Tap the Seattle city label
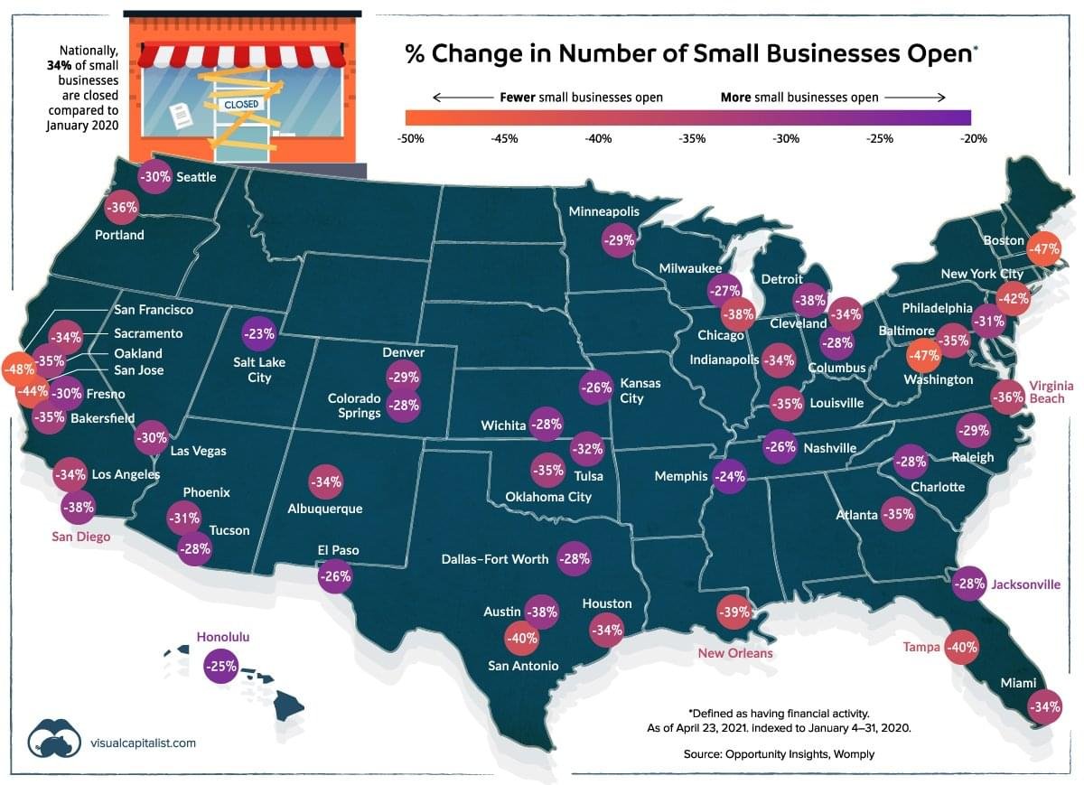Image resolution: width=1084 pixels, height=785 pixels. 196,177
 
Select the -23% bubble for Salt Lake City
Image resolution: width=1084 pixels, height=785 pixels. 259,334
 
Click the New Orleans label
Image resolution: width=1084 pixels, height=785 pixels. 734,653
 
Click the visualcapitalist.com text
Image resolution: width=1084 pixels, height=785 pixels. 143,743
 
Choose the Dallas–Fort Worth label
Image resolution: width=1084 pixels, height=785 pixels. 495,559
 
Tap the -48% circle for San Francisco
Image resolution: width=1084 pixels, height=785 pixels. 18,369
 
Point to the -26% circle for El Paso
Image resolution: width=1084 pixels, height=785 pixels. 335,576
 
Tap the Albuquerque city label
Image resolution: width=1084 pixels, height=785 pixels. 324,509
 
